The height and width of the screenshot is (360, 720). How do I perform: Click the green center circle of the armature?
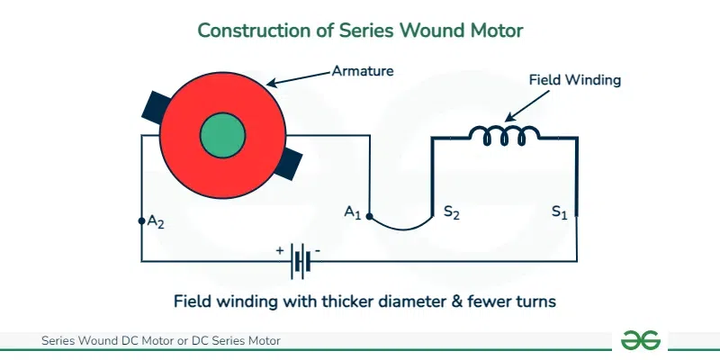222,136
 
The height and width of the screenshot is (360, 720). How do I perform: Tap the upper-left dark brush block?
156,107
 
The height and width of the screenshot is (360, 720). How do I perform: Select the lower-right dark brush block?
288,165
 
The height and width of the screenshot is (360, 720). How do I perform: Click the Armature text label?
363,71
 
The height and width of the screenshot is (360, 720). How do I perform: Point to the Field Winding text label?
575,80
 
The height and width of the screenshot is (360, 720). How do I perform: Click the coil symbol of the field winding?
504,136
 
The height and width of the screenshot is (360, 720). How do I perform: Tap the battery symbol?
301,261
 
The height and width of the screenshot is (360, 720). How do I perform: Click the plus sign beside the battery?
280,251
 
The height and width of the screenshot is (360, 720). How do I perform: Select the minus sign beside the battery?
318,251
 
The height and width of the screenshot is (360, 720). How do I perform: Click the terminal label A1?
353,212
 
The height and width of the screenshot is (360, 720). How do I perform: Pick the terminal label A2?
156,221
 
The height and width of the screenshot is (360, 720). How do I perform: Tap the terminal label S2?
452,212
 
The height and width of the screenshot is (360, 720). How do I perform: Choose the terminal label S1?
560,212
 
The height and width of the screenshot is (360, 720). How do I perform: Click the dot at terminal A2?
141,221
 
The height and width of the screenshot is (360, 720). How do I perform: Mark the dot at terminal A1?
370,216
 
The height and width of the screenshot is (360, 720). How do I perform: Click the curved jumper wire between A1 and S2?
401,229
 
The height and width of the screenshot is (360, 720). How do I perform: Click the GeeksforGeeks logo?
640,340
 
